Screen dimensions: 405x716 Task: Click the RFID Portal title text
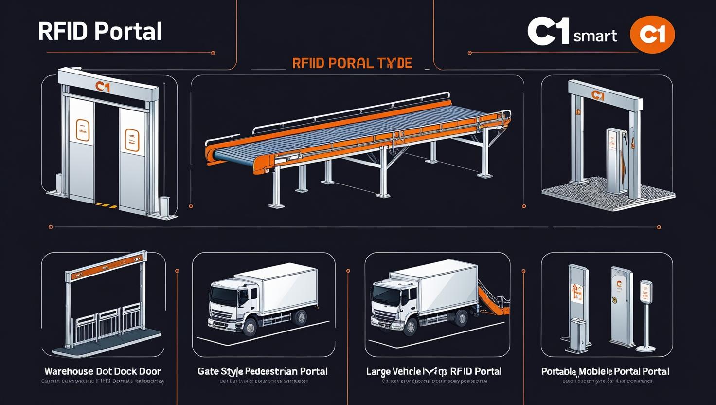[x=100, y=32]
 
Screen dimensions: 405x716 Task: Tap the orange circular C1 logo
[x=652, y=35]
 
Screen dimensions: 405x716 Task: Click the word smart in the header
[x=595, y=36]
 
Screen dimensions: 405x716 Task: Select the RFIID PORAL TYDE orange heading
[x=352, y=63]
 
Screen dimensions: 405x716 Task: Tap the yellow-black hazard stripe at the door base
[x=107, y=205]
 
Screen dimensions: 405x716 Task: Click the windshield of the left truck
[x=225, y=294]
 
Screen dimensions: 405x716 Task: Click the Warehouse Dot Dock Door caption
[x=103, y=371]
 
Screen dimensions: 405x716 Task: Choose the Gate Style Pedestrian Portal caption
[x=263, y=371]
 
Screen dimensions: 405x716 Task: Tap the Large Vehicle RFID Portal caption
[x=434, y=371]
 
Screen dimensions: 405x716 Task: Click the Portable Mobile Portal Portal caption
[x=605, y=371]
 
